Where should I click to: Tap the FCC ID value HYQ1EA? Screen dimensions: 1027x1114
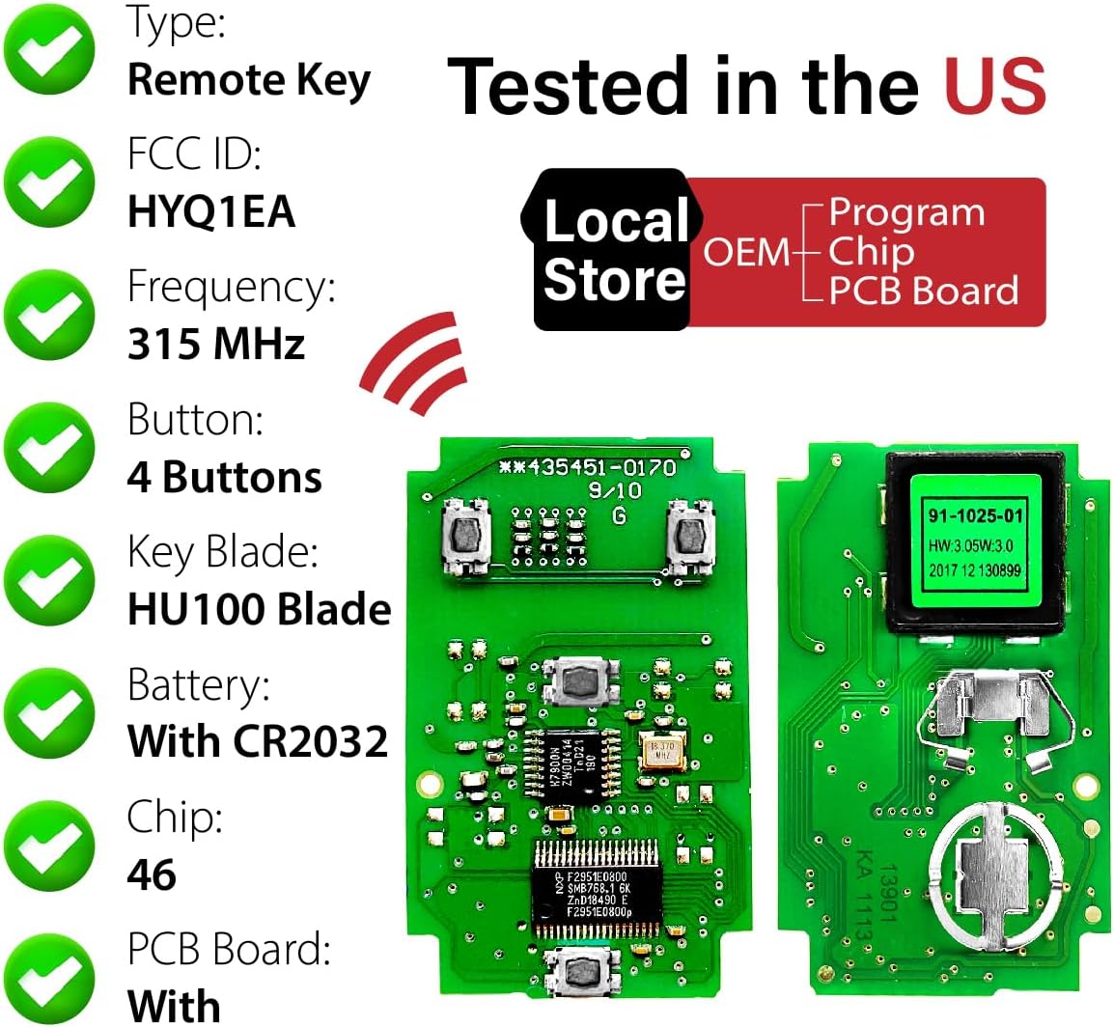pos(210,210)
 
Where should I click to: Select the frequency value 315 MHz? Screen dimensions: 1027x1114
pos(216,344)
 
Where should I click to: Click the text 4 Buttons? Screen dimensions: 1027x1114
pos(224,477)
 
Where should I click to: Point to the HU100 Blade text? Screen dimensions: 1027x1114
pos(259,609)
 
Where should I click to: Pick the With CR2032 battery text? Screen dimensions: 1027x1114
pos(257,741)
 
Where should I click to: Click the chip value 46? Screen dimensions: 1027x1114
pos(152,874)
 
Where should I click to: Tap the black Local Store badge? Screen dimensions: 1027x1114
pos(614,250)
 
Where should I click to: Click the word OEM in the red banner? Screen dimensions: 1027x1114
pos(746,252)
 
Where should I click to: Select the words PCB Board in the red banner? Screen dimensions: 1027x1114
pos(923,291)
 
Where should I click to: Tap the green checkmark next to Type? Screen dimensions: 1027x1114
pos(48,48)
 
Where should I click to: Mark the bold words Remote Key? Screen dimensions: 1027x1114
pos(249,80)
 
